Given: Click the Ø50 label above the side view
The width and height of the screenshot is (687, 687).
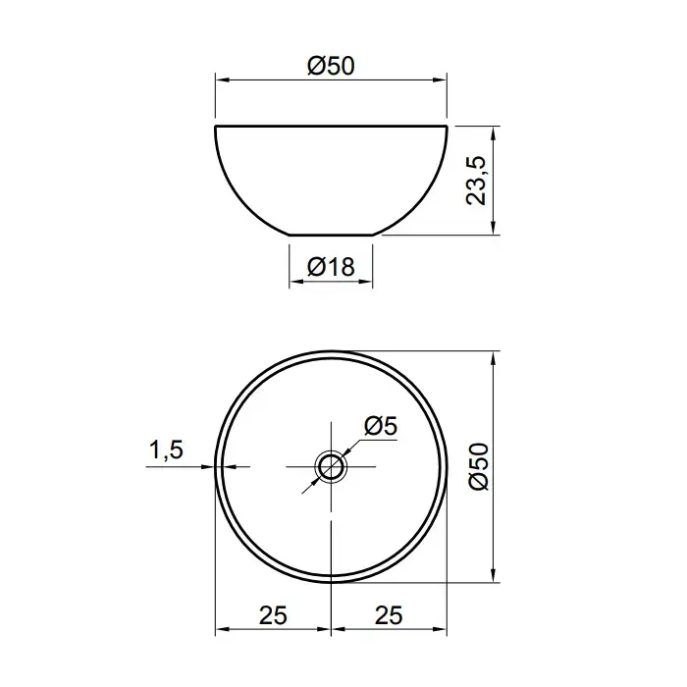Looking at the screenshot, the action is [331, 66].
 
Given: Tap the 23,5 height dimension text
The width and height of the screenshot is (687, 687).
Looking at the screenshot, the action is [476, 180].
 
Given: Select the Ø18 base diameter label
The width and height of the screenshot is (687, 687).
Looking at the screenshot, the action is [331, 266].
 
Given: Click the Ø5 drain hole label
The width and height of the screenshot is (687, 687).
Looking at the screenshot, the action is [381, 425].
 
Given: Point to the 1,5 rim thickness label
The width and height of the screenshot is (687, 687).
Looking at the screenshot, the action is [166, 449].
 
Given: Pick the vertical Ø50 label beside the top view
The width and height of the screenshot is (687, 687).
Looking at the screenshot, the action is [478, 466].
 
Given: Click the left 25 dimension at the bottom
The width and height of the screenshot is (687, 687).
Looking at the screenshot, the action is [273, 615].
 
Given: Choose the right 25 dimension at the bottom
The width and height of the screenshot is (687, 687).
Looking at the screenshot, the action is [389, 615].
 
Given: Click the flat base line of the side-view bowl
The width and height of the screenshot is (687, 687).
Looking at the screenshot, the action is [331, 235].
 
